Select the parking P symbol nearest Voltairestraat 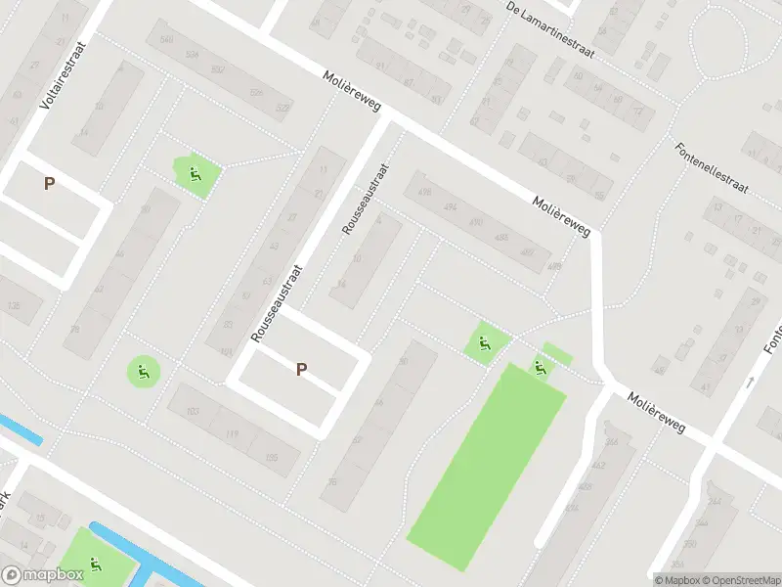(x=48, y=183)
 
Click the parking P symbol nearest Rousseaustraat (x=301, y=369)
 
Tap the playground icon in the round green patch (x=144, y=370)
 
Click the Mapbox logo (x=42, y=575)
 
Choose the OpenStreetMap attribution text (x=739, y=580)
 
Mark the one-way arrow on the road (x=751, y=382)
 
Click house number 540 (x=166, y=40)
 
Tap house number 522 (x=283, y=108)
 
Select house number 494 (x=450, y=206)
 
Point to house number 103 (x=193, y=411)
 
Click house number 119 (x=232, y=433)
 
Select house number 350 (x=690, y=544)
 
